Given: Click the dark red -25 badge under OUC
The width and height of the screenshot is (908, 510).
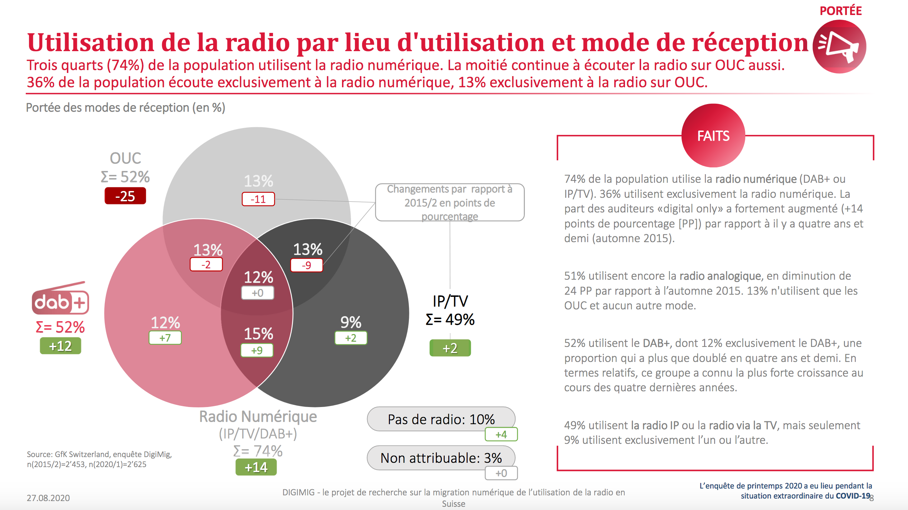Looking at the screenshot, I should tap(125, 196).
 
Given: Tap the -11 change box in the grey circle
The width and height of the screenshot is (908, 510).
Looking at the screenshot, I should tap(258, 199).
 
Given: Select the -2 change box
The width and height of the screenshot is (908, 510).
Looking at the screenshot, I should tap(206, 265).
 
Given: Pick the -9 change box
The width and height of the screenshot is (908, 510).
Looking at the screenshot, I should tap(307, 265).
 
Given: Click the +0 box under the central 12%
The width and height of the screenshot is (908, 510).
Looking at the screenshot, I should tap(258, 293).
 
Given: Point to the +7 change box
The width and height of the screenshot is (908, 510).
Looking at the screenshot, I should tap(165, 338).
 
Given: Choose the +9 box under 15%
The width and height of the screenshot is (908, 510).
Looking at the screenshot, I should tap(257, 350).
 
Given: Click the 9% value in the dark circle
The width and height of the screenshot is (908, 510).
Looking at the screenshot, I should tap(351, 322).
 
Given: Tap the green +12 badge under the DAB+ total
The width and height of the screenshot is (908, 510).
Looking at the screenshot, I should tap(60, 346).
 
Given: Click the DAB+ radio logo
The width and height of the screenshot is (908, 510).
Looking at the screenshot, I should tap(60, 298).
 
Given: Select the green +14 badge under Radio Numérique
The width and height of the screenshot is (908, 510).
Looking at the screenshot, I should tap(256, 467).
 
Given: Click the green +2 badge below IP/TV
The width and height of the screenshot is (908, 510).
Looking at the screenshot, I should tap(450, 348).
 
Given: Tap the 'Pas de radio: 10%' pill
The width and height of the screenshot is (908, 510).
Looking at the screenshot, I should tap(441, 419).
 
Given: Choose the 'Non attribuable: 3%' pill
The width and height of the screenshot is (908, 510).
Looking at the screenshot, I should tap(441, 458).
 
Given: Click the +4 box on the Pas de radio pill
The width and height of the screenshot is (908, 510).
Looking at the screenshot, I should tap(501, 435).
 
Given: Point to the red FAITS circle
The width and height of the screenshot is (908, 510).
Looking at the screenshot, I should tap(713, 136).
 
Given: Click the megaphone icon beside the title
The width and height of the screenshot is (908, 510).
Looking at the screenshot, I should tap(839, 47).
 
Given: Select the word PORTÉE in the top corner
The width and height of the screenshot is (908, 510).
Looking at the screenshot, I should tap(840, 11).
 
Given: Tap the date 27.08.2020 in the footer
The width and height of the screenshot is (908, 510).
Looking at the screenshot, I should tap(48, 498).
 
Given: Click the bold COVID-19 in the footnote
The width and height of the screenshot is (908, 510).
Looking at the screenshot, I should tap(853, 496).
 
